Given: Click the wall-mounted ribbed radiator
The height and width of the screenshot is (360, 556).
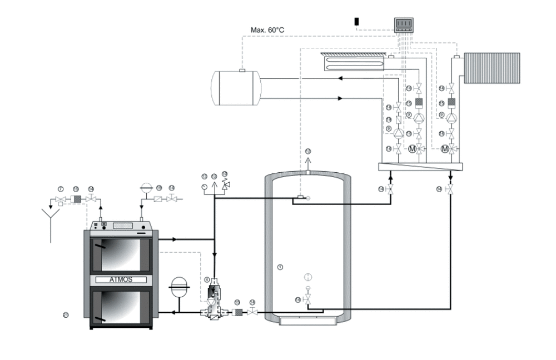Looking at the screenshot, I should [x=492, y=68].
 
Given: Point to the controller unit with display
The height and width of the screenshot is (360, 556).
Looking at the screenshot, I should [x=404, y=24].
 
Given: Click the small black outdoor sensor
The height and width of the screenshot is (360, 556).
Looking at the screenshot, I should [x=357, y=22].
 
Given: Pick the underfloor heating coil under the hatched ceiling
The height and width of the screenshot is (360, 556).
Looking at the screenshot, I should [x=351, y=61].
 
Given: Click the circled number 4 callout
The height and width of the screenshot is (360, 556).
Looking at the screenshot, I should [x=207, y=279].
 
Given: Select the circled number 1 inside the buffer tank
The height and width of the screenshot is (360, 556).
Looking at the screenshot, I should [x=280, y=267].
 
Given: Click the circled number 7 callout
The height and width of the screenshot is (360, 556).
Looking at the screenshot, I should [x=61, y=189].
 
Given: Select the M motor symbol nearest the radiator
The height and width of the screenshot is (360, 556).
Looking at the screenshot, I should [x=445, y=149].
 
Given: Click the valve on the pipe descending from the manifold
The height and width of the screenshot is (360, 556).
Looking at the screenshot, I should [x=450, y=189].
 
